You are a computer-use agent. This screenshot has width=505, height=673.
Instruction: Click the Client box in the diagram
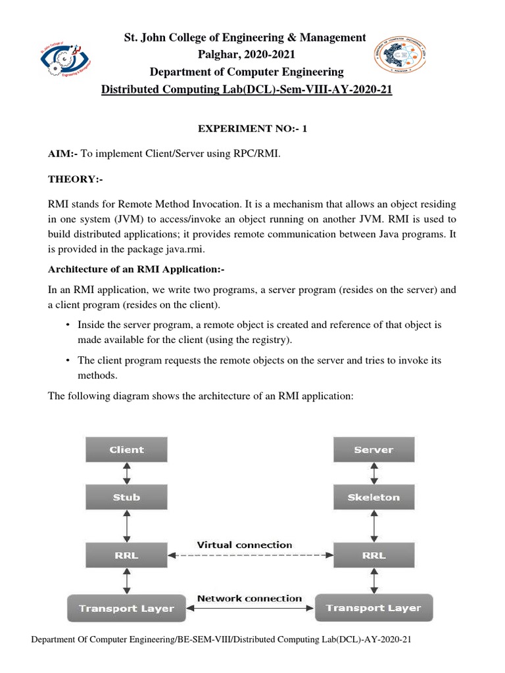(x=126, y=450)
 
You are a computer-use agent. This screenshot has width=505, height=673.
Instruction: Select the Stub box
(x=126, y=498)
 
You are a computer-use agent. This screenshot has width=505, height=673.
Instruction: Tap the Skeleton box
(x=373, y=498)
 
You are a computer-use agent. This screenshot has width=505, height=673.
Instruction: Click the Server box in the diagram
(x=373, y=450)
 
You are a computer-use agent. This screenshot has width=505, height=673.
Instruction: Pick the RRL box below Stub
(x=126, y=555)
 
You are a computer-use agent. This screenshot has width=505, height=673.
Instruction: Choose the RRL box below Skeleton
(x=373, y=555)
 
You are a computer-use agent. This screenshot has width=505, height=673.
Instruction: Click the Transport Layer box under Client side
(x=126, y=608)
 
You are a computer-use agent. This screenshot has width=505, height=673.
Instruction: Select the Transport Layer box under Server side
(x=373, y=608)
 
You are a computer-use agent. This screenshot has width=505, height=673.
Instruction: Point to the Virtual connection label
(x=245, y=545)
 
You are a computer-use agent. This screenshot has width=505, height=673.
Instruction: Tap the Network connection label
(x=250, y=599)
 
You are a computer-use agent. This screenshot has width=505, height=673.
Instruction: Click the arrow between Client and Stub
(x=126, y=473)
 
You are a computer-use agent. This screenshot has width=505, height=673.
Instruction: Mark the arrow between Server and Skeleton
(x=373, y=473)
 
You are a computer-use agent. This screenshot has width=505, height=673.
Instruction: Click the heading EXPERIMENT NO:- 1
(x=252, y=129)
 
